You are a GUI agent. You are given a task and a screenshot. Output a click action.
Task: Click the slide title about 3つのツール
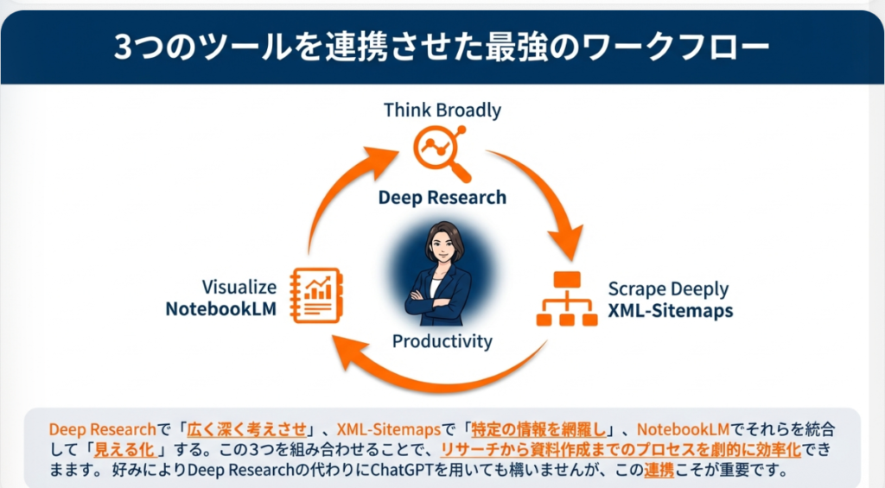(442, 47)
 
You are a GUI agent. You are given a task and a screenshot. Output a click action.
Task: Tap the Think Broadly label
(442, 111)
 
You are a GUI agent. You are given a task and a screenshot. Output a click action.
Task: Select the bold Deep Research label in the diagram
(442, 198)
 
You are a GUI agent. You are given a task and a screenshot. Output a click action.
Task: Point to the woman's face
(442, 246)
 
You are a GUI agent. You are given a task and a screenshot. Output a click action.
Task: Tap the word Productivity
(442, 341)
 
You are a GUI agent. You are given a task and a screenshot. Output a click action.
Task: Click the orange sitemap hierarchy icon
(567, 299)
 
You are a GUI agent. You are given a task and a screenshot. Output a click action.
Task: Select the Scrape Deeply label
(668, 288)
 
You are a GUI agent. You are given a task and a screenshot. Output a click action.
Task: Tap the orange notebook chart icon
(316, 295)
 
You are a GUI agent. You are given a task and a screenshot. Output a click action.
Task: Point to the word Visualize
(239, 287)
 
